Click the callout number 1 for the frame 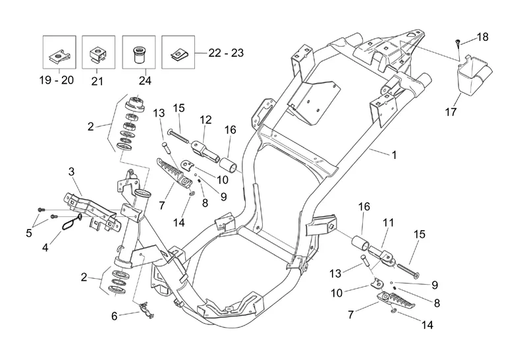click(393, 156)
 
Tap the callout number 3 click(71, 172)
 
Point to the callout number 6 click(114, 316)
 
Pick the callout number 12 click(206, 120)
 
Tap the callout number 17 click(451, 113)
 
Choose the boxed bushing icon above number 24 click(139, 52)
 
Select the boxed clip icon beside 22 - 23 click(178, 52)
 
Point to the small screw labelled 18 click(456, 44)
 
